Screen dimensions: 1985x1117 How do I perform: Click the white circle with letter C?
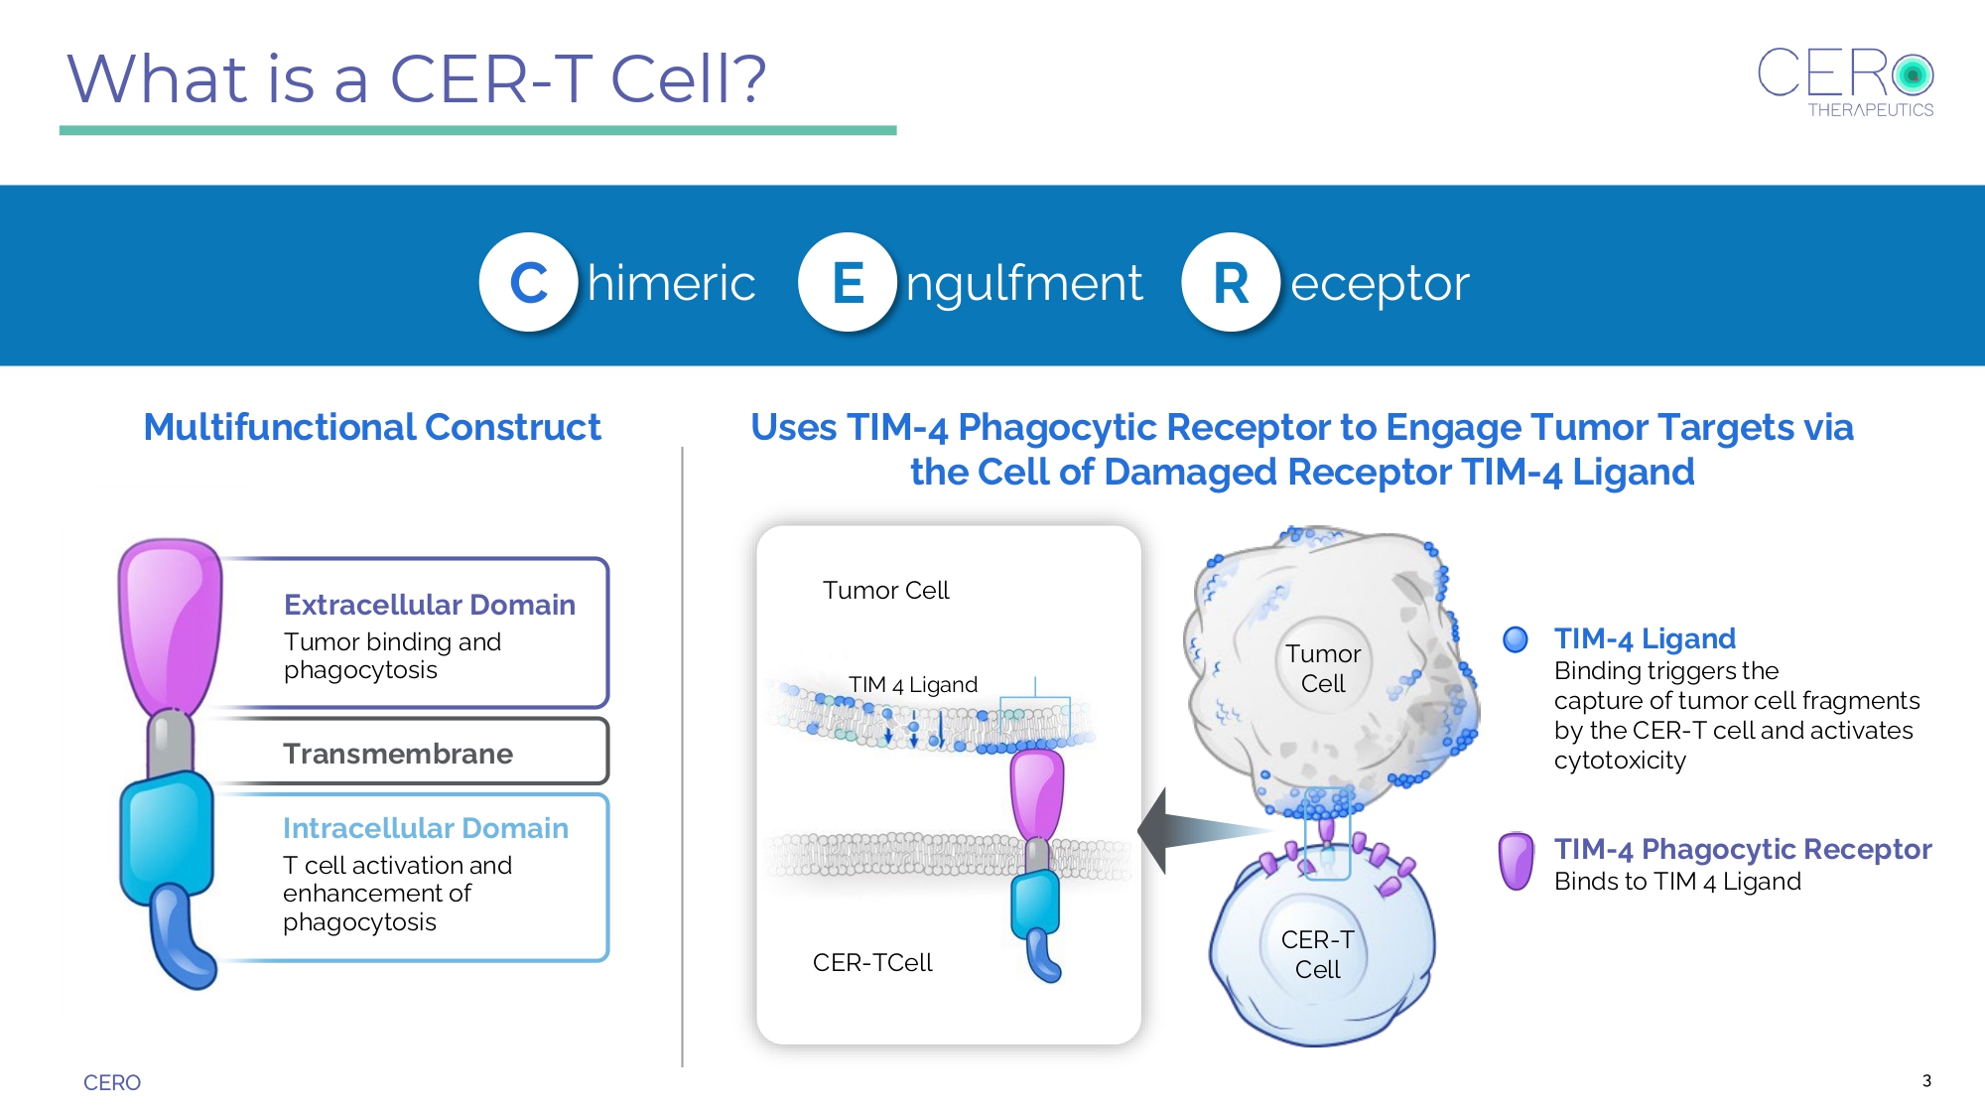528,282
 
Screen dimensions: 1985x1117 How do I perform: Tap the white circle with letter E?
848,282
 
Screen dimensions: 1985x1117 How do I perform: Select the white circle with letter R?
1231,282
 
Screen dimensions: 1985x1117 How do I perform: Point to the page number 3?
1926,1080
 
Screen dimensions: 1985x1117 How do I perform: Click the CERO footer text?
112,1082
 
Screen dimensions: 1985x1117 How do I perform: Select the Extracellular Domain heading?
430,605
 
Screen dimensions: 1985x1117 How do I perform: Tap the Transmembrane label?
398,754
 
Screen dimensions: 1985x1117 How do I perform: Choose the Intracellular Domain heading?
426,828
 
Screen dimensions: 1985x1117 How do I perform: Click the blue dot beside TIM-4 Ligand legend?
1516,639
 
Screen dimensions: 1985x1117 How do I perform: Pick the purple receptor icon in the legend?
1517,862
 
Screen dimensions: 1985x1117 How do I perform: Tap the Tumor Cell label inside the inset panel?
886,591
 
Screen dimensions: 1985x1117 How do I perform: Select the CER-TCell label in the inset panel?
872,962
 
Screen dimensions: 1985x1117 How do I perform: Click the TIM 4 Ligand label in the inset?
913,684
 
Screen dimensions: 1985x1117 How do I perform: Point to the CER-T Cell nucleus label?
1318,954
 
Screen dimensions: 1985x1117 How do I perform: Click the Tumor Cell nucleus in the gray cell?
1323,668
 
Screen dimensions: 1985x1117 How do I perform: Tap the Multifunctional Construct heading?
372,427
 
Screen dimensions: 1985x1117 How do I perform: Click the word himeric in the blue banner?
672,283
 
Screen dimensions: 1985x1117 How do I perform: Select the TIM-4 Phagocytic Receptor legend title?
1743,849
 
